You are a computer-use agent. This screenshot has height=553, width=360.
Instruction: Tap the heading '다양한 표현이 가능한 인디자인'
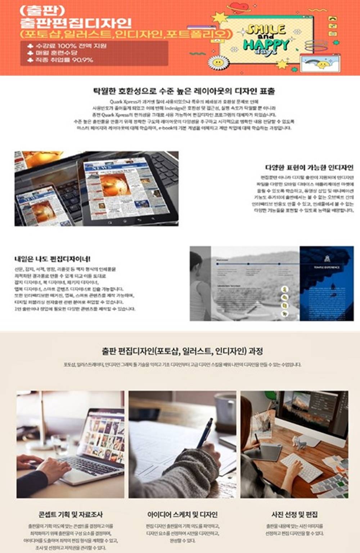coord(309,167)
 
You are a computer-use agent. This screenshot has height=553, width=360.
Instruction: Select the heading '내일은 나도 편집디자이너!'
coord(53,259)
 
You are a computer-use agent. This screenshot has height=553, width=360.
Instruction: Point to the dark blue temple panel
coord(326,283)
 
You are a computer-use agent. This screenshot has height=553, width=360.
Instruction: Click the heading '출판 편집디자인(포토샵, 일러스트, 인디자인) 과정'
coord(182,351)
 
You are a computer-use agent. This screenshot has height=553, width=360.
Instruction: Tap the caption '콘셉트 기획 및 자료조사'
coord(71,515)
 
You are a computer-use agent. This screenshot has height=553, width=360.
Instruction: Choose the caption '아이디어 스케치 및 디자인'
coord(182,515)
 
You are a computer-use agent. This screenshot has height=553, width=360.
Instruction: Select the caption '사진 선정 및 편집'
coord(294,515)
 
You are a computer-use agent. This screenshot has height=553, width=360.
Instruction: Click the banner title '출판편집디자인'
coord(76,23)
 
